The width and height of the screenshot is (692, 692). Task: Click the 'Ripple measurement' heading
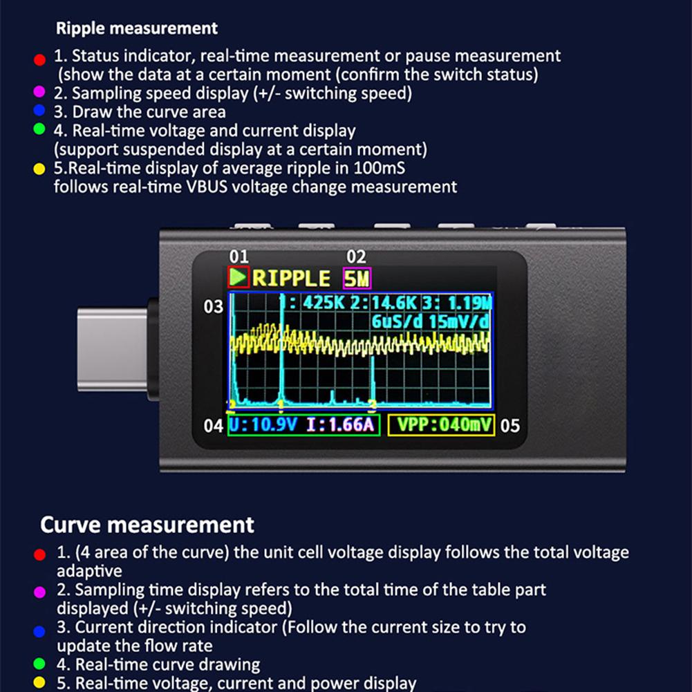pos(136,28)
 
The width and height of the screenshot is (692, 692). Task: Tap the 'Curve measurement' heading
pos(147,525)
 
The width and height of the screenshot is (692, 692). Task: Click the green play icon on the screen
pos(239,278)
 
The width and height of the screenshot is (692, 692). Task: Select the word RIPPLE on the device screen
pos(291,279)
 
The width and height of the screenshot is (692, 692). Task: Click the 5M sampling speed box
pos(357,279)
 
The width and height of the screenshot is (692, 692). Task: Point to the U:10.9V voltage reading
pos(263,424)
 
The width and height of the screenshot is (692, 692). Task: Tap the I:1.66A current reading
pos(340,424)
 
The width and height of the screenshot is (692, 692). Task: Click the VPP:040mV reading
pos(441,424)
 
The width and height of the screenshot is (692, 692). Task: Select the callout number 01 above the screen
pos(239,258)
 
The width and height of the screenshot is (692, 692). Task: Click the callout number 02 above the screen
pos(356,258)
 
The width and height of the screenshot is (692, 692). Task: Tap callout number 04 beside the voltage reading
pos(214,425)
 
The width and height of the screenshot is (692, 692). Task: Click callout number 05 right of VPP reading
pos(509,425)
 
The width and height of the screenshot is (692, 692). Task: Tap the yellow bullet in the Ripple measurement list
pos(39,169)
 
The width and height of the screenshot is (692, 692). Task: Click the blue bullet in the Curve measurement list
pos(39,630)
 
